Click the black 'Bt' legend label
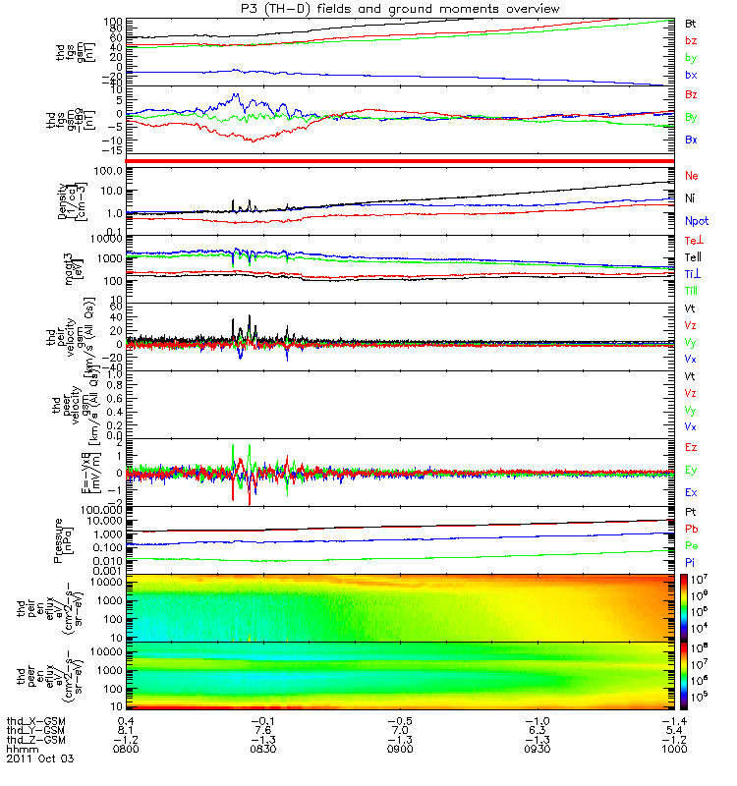coord(691,22)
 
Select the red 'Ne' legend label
coord(692,174)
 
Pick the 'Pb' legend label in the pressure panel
coord(692,529)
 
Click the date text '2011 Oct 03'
coord(39,759)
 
